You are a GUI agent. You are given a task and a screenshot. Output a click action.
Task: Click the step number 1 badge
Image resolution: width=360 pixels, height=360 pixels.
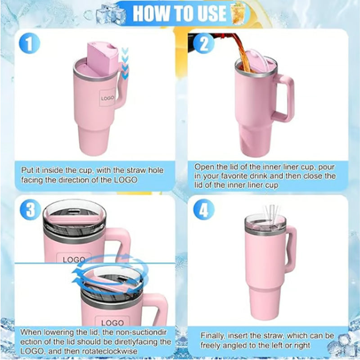point(30,44)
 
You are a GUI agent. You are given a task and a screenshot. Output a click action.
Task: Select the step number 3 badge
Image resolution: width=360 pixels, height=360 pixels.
point(30,209)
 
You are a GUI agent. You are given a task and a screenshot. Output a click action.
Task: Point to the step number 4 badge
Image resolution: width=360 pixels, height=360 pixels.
point(204,209)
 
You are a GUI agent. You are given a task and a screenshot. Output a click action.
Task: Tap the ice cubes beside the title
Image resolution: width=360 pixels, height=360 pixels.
point(110,14)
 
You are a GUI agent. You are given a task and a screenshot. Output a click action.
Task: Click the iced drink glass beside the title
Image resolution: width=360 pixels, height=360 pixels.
point(238,14)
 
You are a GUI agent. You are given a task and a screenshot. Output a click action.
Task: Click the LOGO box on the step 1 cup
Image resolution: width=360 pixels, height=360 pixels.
point(108,97)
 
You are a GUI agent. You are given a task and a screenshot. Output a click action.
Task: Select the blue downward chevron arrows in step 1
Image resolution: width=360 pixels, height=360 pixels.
point(125,63)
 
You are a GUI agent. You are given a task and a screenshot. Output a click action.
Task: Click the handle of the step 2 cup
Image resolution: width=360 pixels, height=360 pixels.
point(284,99)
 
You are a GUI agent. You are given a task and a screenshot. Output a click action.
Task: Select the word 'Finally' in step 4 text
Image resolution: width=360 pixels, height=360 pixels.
point(212,336)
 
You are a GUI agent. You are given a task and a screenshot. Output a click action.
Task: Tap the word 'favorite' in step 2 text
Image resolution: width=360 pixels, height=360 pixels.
point(238,176)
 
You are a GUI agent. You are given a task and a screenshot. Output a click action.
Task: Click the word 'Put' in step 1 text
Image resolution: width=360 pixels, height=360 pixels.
point(27,171)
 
